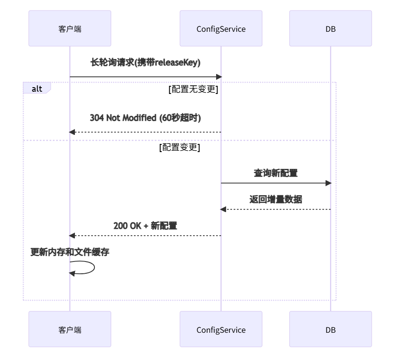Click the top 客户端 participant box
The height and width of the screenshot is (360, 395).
(x=69, y=29)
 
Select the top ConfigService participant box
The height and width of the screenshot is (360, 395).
(x=221, y=29)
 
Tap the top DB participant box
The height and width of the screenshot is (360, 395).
(x=330, y=29)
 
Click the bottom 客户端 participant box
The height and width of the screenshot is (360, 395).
(x=69, y=329)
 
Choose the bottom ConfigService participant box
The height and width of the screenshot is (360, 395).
(x=221, y=329)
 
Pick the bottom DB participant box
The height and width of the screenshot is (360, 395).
(x=330, y=329)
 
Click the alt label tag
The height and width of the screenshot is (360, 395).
(x=37, y=89)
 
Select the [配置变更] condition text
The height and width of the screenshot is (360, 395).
(x=179, y=148)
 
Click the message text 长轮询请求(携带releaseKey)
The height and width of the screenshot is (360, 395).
(x=145, y=63)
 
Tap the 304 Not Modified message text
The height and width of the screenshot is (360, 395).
(x=145, y=118)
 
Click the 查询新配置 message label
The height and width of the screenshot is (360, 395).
(x=276, y=173)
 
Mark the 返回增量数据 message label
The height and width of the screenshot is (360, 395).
(x=276, y=199)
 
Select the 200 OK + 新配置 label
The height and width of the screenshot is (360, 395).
(x=145, y=226)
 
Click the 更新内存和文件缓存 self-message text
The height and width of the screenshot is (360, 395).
(x=69, y=252)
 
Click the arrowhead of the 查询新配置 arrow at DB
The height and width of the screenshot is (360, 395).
(x=329, y=183)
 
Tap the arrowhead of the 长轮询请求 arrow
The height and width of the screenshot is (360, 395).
(x=218, y=77)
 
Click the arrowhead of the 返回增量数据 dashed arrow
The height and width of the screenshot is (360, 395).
(x=223, y=209)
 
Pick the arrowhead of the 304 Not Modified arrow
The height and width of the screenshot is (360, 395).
(x=72, y=132)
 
